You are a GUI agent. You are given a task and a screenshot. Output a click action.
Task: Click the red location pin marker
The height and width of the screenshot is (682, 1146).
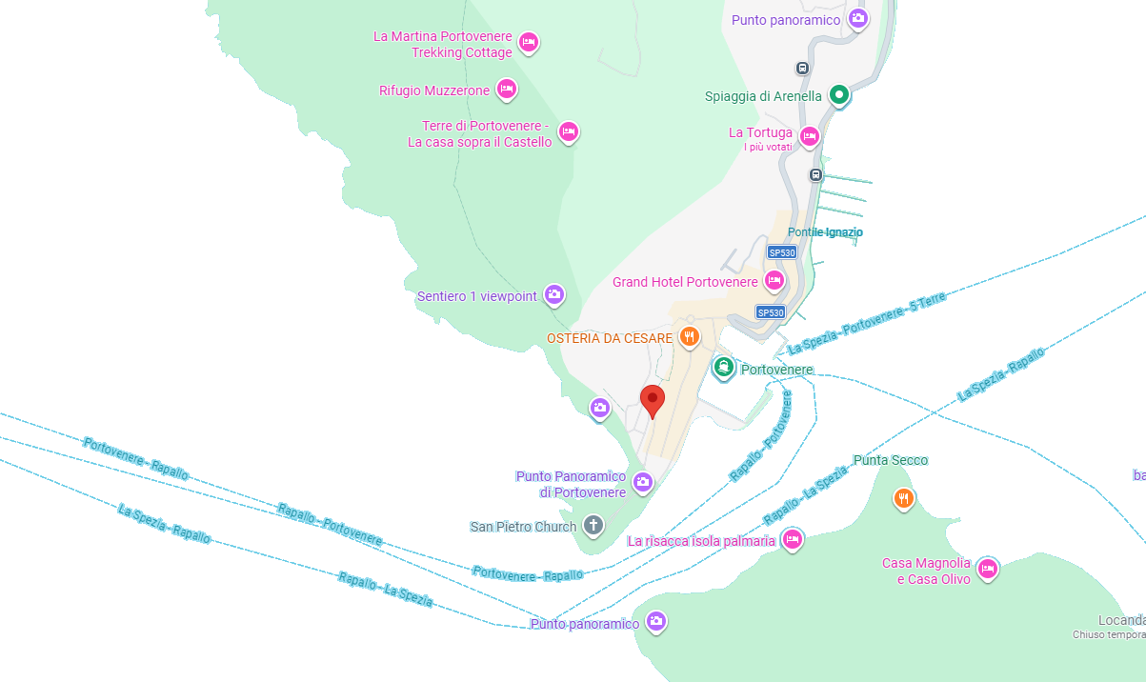653,400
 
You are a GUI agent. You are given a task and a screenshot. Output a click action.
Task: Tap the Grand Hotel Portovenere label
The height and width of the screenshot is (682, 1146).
685,282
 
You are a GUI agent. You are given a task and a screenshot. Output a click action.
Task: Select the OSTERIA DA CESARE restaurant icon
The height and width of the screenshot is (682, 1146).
690,337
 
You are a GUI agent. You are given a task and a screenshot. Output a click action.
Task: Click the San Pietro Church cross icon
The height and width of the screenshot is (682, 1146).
593,526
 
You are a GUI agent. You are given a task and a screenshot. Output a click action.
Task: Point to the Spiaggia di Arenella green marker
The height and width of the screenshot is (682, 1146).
838,95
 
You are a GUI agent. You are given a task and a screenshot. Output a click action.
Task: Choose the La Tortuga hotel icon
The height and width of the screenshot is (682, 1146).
810,136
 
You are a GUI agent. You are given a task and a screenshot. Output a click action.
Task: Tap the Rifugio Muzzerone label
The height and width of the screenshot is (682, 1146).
434,90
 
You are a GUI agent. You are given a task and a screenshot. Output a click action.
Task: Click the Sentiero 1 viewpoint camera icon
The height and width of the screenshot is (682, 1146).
554,296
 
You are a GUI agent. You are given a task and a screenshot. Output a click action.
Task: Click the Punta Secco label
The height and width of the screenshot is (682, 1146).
890,460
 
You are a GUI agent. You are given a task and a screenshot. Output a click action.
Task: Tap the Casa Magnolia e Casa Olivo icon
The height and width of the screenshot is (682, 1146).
988,569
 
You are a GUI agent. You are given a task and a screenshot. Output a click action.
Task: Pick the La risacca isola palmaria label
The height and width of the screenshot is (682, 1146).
701,541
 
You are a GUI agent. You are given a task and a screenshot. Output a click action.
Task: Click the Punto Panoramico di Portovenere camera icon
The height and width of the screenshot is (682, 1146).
643,483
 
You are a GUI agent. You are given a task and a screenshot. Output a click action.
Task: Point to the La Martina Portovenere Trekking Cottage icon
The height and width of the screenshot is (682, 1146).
529,42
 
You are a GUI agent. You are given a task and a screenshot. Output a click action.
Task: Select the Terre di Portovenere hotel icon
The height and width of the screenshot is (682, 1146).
569,131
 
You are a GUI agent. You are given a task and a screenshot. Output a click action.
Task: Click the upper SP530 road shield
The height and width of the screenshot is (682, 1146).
782,252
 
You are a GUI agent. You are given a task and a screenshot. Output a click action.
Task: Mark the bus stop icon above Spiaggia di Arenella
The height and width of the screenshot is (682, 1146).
803,69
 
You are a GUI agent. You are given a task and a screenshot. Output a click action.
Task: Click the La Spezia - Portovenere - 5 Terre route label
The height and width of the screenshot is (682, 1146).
867,324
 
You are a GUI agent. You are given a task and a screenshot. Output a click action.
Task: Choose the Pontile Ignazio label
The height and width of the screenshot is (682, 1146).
825,232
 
